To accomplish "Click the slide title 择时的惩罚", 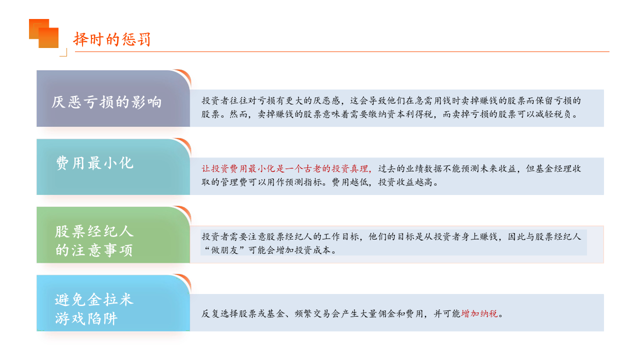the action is click(112, 39).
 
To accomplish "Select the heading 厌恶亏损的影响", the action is click(106, 102).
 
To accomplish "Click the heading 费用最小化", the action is click(94, 163).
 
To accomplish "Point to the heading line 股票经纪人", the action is click(94, 231).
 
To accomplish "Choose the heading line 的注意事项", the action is click(94, 250).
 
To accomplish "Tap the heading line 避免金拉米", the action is click(94, 299).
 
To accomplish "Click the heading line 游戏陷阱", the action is click(86, 318).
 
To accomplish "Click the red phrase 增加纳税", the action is click(479, 313).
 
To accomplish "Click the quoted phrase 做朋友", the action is click(225, 250).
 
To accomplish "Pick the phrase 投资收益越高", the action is click(405, 182).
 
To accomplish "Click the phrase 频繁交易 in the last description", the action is click(313, 313).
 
